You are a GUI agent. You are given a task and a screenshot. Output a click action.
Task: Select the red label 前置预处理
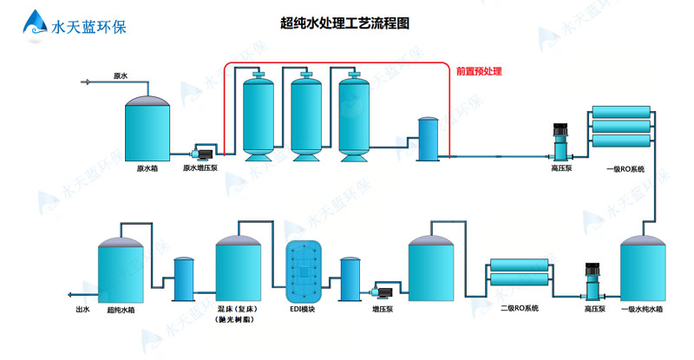pos(479,72)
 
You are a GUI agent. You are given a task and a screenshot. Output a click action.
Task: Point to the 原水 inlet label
pos(121,76)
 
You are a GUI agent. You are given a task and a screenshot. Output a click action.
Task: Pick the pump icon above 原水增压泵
pos(206,152)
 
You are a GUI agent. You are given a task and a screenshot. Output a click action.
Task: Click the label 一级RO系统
pos(626,169)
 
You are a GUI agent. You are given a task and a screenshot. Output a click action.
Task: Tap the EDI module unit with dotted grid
pos(304,270)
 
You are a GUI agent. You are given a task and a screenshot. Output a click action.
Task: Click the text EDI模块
pos(302,309)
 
